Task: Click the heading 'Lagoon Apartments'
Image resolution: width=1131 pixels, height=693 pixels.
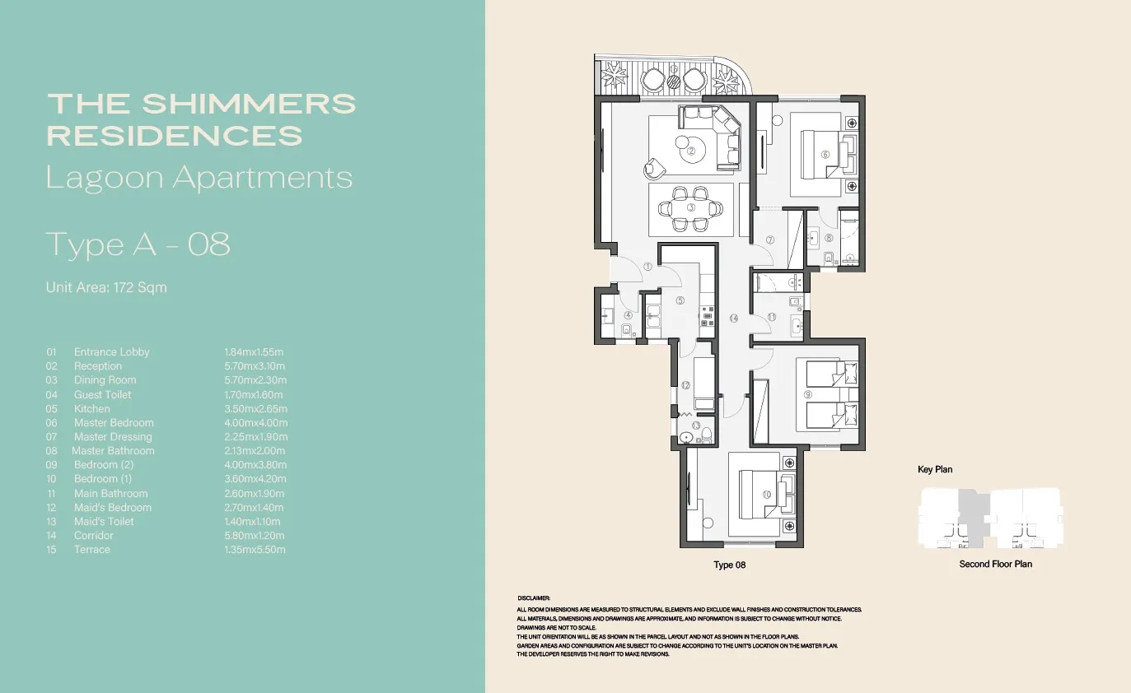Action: [199, 178]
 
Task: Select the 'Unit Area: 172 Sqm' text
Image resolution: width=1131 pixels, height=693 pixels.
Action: [106, 287]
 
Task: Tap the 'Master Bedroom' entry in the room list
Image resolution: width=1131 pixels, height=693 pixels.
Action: [114, 422]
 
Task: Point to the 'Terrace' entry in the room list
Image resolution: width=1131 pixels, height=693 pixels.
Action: [91, 549]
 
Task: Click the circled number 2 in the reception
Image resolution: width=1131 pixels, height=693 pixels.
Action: [692, 151]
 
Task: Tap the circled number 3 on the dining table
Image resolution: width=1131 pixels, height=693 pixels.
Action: [691, 208]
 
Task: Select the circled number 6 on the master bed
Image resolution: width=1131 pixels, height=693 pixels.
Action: [825, 154]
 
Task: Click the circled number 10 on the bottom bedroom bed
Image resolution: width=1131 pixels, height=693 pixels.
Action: [766, 494]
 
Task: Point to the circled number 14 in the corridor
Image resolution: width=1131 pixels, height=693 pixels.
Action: [733, 318]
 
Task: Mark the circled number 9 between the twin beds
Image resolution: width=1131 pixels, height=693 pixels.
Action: [808, 395]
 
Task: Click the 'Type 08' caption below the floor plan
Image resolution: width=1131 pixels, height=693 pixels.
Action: [729, 565]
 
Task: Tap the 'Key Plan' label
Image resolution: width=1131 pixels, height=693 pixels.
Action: [935, 470]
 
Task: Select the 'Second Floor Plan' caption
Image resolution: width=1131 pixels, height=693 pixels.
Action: [995, 564]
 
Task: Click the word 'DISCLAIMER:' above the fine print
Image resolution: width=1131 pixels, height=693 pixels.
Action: [533, 598]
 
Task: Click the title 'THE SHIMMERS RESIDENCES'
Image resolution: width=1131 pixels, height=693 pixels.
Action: [202, 119]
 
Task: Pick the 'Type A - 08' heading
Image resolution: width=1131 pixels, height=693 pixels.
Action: [138, 244]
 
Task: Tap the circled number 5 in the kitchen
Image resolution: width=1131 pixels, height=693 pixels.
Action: [680, 300]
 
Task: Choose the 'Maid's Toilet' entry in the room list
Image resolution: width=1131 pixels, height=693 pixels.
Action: [104, 521]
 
